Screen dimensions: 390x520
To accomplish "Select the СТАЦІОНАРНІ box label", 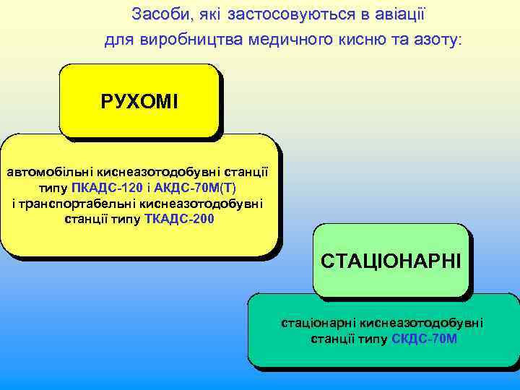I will (391, 259).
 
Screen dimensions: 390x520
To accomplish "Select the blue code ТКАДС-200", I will (179, 218).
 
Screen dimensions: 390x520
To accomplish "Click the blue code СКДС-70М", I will (424, 338).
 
